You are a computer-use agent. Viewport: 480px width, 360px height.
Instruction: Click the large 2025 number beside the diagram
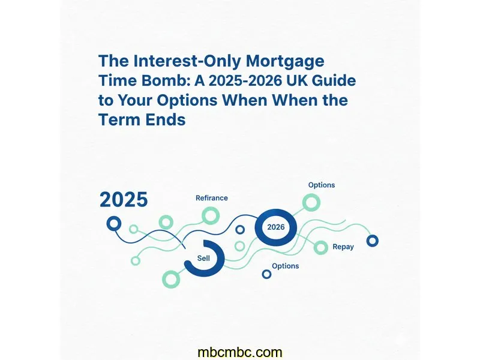click(x=124, y=200)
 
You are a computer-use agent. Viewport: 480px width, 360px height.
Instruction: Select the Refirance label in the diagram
click(x=212, y=197)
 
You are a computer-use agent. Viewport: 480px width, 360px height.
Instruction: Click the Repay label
click(x=343, y=247)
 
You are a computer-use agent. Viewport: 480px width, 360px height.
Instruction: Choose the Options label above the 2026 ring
click(x=322, y=185)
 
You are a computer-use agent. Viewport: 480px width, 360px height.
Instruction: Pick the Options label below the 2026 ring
click(x=285, y=266)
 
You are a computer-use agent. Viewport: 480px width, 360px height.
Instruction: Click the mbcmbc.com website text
click(x=239, y=352)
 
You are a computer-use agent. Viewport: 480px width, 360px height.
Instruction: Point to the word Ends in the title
click(x=163, y=119)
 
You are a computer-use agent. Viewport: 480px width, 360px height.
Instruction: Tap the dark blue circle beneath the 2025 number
click(x=114, y=224)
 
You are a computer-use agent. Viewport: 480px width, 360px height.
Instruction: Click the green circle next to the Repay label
click(x=322, y=247)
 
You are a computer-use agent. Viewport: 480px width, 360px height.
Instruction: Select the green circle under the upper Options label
click(x=311, y=203)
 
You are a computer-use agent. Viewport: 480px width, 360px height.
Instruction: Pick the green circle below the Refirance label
click(x=211, y=215)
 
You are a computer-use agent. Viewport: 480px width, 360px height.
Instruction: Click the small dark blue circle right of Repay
click(x=373, y=241)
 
